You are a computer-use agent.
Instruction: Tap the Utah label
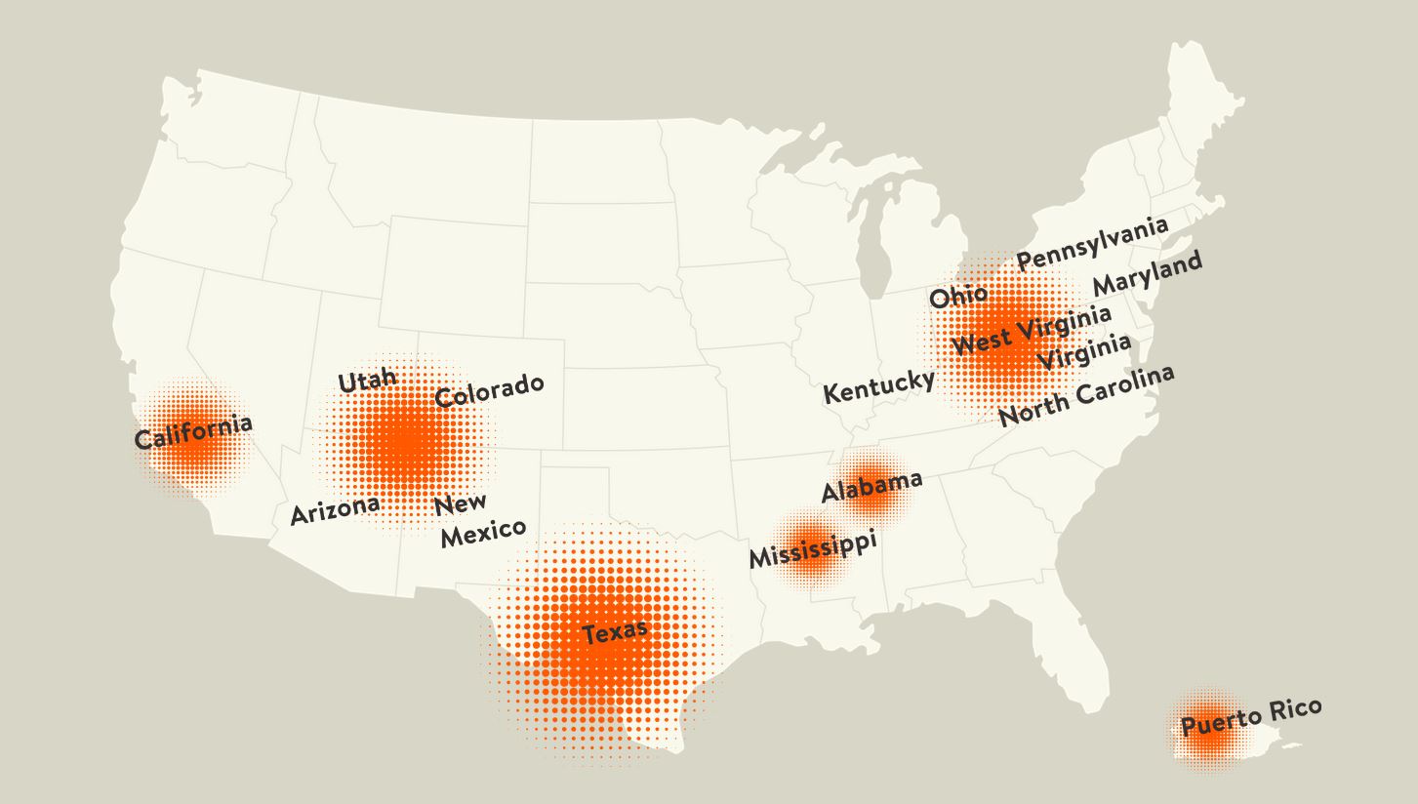pyautogui.click(x=367, y=381)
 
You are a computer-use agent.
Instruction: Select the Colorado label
pyautogui.click(x=488, y=390)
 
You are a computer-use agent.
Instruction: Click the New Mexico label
pyautogui.click(x=478, y=520)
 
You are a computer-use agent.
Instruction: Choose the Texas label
pyautogui.click(x=615, y=632)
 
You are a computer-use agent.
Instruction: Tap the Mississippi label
pyautogui.click(x=812, y=550)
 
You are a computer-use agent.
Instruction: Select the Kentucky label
pyautogui.click(x=878, y=386)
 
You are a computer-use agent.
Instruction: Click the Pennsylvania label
pyautogui.click(x=1091, y=244)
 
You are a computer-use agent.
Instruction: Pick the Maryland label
pyautogui.click(x=1147, y=274)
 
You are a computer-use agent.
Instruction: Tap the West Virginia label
pyautogui.click(x=1031, y=331)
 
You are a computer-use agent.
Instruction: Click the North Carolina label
pyautogui.click(x=1086, y=396)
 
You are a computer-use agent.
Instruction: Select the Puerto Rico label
pyautogui.click(x=1251, y=717)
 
